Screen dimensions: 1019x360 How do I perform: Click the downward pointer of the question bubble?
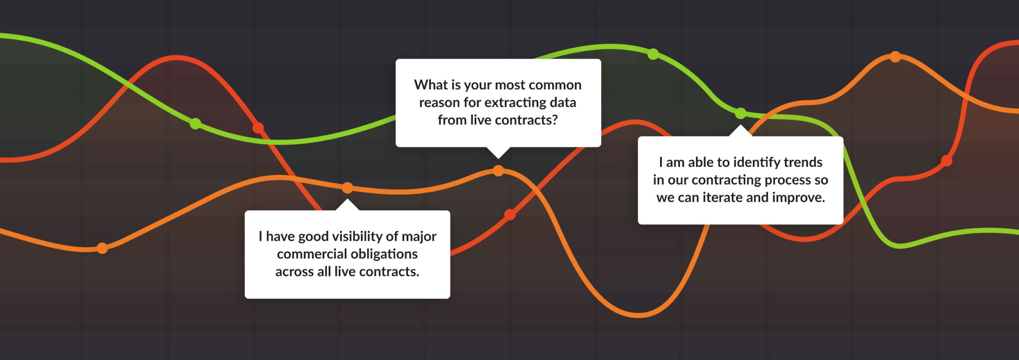[498, 153]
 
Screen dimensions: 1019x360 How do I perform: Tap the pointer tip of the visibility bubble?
[347, 199]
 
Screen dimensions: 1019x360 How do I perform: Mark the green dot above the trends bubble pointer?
[740, 113]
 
